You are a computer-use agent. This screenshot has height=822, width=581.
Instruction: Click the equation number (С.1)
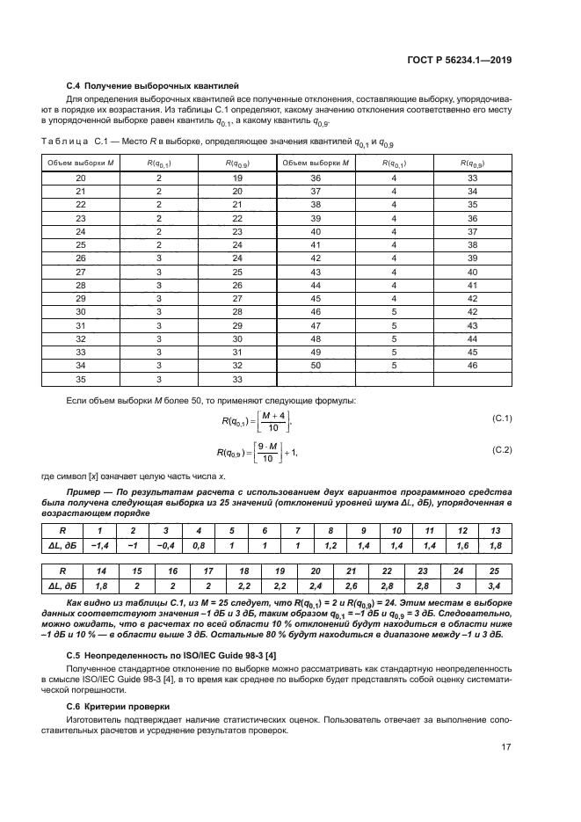click(x=502, y=418)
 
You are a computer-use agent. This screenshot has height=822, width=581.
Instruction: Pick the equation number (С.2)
click(x=502, y=449)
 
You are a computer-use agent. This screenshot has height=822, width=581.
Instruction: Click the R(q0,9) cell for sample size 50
click(x=472, y=364)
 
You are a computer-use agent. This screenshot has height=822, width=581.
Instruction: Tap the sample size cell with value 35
click(x=81, y=380)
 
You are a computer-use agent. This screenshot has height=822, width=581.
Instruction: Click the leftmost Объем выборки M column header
click(x=81, y=163)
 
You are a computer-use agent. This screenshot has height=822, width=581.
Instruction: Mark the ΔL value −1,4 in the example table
click(x=98, y=546)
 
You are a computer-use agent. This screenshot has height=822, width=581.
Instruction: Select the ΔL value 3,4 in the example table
click(x=494, y=585)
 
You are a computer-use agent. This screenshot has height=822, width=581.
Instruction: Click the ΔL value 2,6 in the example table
click(x=352, y=585)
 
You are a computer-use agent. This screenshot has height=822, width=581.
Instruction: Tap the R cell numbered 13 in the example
click(x=494, y=531)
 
